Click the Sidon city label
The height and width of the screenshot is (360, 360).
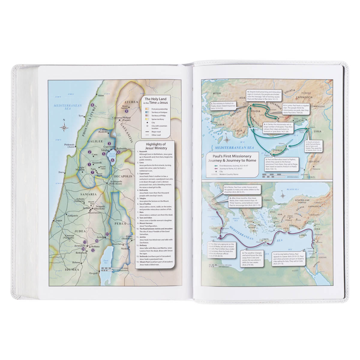(x=101, y=95)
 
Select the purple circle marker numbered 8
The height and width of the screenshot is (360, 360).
(x=92, y=105)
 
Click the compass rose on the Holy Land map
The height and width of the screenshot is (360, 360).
(x=64, y=127)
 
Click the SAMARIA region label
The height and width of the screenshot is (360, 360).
(x=88, y=194)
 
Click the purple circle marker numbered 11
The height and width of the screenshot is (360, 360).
(x=107, y=234)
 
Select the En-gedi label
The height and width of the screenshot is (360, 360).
(x=94, y=273)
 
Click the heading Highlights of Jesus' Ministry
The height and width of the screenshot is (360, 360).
(x=156, y=146)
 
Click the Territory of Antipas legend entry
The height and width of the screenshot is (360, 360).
(x=159, y=112)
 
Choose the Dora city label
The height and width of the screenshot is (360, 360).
(x=61, y=172)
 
